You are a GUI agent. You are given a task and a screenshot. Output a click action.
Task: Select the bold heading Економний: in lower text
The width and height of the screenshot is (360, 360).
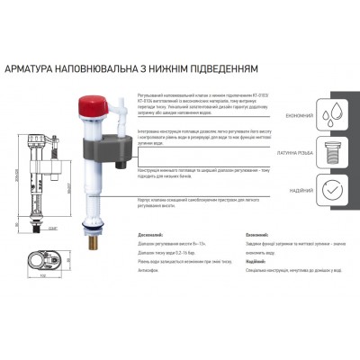point(259,237)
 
